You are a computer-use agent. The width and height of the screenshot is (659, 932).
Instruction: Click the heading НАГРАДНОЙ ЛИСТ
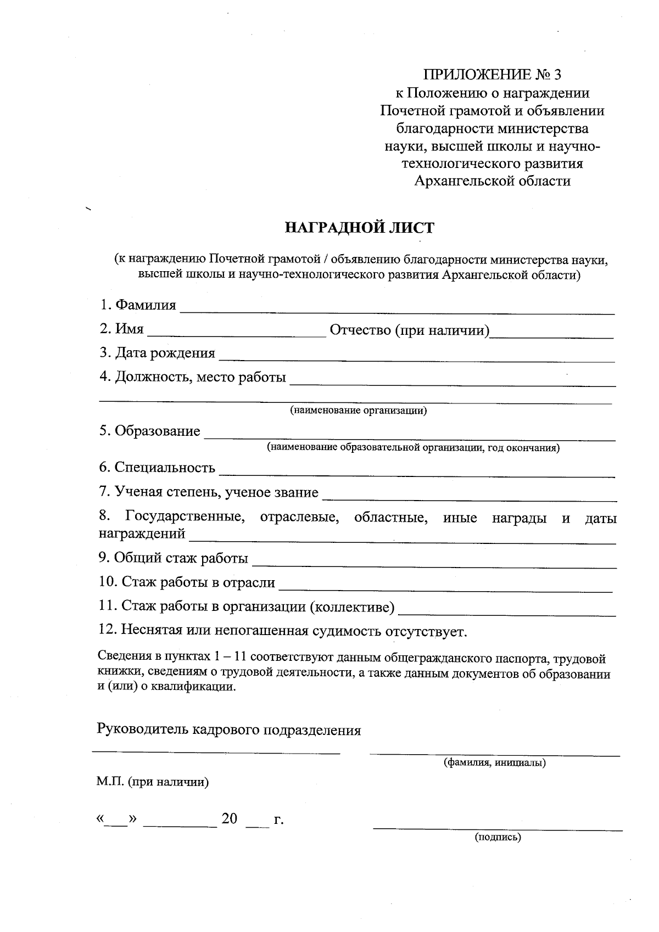click(x=360, y=228)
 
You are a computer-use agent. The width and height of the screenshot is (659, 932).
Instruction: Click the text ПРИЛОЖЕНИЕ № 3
click(x=493, y=75)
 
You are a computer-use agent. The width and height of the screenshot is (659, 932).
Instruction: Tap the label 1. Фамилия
click(x=138, y=305)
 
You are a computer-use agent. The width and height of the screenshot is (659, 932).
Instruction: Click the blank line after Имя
click(x=237, y=334)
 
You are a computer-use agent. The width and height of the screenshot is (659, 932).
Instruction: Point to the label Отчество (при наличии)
click(x=409, y=330)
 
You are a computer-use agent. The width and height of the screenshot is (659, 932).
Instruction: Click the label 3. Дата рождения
click(x=157, y=353)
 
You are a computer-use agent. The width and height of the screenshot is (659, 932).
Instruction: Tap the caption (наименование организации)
click(x=358, y=411)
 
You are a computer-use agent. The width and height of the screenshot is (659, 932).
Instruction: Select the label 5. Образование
click(x=149, y=431)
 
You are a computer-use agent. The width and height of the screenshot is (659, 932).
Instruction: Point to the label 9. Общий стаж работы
click(x=173, y=558)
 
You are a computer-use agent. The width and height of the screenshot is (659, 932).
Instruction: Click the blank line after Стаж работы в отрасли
click(x=445, y=589)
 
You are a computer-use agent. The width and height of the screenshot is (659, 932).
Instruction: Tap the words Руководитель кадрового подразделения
click(x=229, y=730)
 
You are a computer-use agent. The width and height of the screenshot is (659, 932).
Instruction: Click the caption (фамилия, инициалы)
click(x=494, y=763)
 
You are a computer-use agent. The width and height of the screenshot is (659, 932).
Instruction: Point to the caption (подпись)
click(x=498, y=838)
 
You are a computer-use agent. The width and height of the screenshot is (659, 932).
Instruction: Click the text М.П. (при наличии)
click(x=153, y=782)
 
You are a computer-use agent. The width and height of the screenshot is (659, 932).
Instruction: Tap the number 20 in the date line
click(x=229, y=819)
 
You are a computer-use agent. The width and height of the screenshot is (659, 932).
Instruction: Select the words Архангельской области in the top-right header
click(x=492, y=181)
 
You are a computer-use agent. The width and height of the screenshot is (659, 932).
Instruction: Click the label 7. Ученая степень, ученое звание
click(x=209, y=492)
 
